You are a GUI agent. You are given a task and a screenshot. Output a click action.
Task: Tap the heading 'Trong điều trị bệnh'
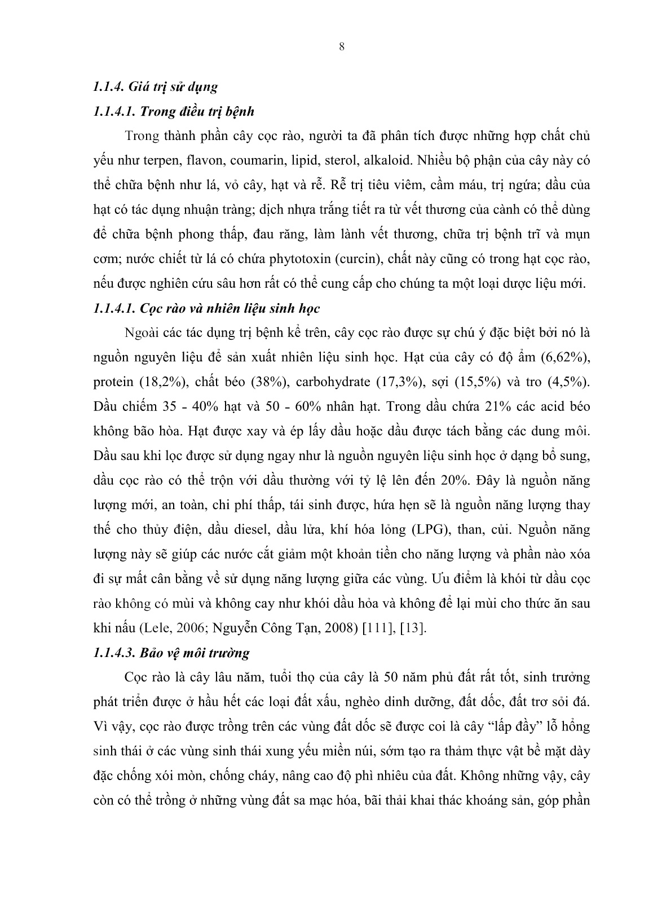196,111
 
